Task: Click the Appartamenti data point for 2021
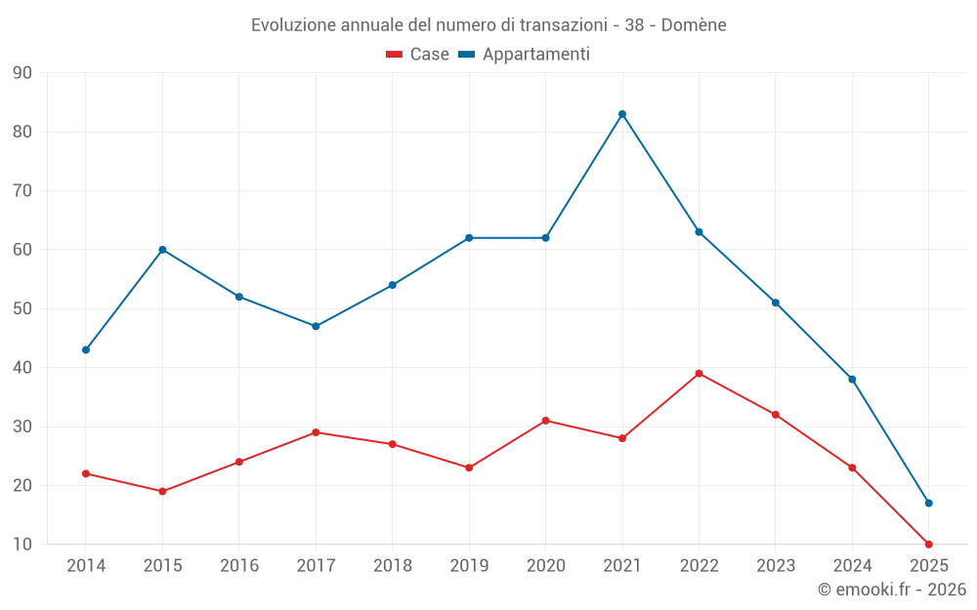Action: [622, 114]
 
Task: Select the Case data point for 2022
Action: [699, 374]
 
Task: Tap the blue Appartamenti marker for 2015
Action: [162, 250]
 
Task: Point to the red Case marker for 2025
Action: [928, 545]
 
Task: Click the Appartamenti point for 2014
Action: [86, 349]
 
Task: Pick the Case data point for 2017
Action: [316, 432]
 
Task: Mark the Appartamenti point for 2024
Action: [852, 380]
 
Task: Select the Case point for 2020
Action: [545, 421]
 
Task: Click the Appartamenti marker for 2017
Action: [316, 326]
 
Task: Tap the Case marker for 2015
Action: [162, 491]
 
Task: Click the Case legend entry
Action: [417, 55]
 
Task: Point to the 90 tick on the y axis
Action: [22, 73]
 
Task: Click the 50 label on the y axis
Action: [22, 309]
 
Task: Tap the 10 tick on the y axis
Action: [22, 545]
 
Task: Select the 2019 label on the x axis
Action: [469, 566]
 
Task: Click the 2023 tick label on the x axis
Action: [776, 566]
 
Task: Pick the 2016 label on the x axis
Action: [239, 566]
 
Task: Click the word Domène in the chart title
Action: [694, 24]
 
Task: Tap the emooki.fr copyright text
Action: [892, 590]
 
